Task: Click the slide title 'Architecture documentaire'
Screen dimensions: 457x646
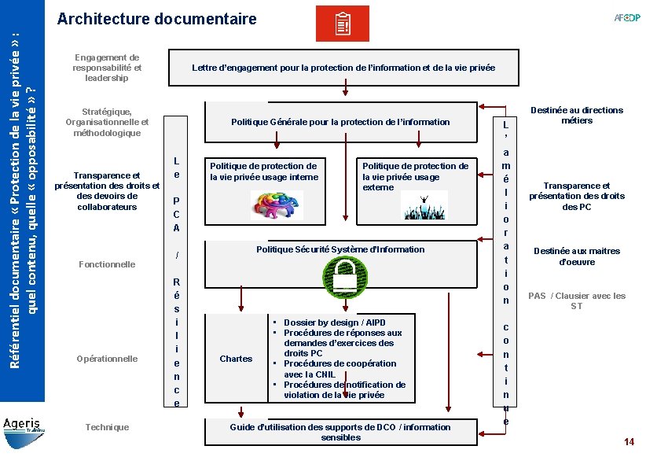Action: (157, 18)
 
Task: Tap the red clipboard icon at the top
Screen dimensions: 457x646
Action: (342, 24)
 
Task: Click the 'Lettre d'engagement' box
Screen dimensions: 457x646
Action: (343, 68)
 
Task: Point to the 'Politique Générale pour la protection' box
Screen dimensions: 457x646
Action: (340, 122)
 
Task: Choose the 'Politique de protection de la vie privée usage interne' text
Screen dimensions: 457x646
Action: (263, 171)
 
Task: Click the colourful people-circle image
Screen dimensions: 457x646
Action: (277, 205)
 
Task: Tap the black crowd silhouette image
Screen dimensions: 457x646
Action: (424, 205)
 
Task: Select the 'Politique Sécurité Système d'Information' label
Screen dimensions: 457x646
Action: (340, 249)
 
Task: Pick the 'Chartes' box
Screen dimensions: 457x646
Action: (236, 359)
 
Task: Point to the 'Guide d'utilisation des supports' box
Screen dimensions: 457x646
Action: (340, 432)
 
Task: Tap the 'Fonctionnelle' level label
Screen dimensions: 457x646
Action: (108, 264)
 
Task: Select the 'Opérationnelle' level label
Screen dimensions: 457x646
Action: (107, 359)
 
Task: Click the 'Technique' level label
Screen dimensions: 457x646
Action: (107, 427)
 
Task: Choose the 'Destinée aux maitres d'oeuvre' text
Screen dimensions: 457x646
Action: (576, 256)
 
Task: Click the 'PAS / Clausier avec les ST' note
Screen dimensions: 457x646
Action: (576, 300)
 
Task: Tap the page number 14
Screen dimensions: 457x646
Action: (628, 442)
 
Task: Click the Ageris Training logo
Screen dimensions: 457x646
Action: (24, 426)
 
